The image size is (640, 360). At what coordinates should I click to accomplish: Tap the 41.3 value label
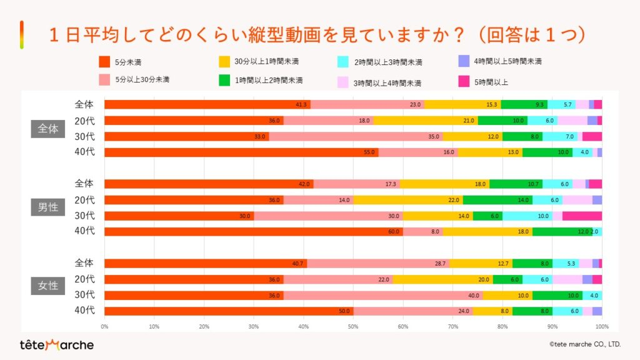(302, 105)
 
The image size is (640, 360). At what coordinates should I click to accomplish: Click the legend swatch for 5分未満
(104, 62)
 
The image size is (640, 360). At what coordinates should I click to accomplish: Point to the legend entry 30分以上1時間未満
(266, 61)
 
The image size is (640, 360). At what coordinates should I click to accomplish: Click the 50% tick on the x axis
(353, 326)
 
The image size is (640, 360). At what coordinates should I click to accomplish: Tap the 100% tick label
(601, 326)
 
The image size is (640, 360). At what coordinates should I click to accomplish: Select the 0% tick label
(104, 326)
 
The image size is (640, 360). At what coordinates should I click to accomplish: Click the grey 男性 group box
(48, 207)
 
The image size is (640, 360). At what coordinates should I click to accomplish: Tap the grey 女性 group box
(48, 286)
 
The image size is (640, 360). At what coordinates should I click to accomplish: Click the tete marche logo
(56, 345)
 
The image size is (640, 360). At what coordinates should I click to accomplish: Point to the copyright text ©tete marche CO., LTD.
(584, 344)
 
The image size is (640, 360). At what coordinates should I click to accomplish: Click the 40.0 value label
(474, 296)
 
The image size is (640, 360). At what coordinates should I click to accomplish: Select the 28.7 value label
(441, 264)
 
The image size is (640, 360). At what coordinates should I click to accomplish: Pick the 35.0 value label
(434, 137)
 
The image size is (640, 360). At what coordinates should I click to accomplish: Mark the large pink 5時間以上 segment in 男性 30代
(582, 216)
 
